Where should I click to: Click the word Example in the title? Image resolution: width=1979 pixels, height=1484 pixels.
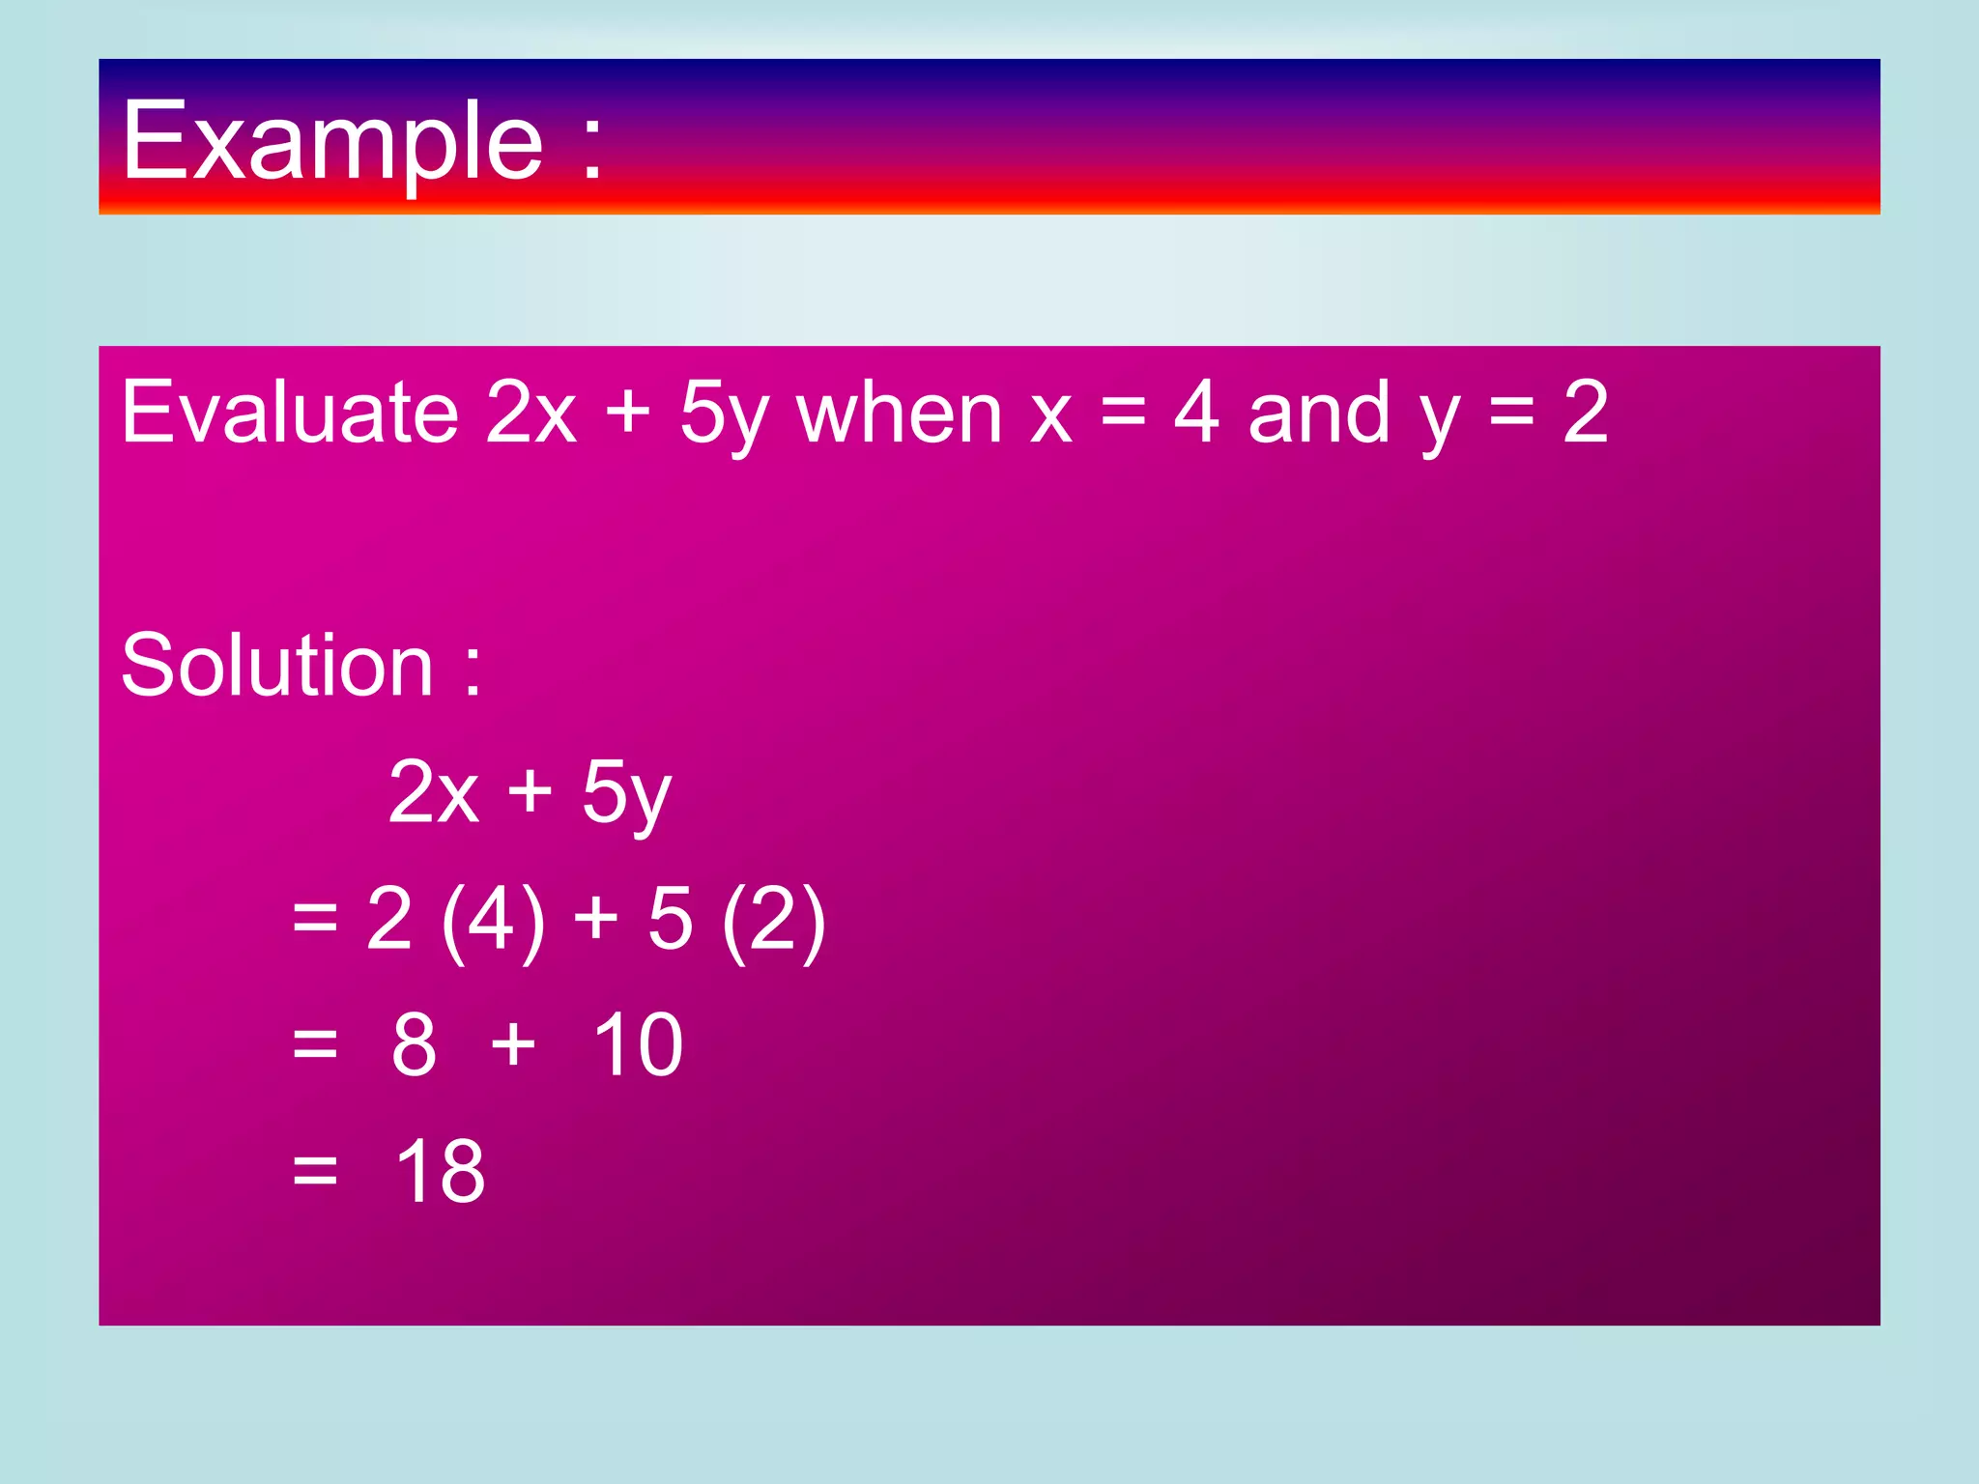pyautogui.click(x=332, y=143)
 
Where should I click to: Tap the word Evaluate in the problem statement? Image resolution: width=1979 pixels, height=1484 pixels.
pyautogui.click(x=289, y=413)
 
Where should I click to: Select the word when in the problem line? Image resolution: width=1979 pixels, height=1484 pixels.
pyautogui.click(x=899, y=413)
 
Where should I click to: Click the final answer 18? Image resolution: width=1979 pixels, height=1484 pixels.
pyautogui.click(x=440, y=1171)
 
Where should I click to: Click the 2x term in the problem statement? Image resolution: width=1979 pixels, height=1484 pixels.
pyautogui.click(x=531, y=413)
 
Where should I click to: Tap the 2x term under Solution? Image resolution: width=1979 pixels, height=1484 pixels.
pyautogui.click(x=433, y=791)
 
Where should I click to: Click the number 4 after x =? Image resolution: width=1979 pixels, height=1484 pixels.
pyautogui.click(x=1196, y=413)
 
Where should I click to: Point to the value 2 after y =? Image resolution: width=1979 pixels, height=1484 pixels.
pyautogui.click(x=1586, y=413)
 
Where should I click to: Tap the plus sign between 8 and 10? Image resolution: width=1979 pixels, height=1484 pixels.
pyautogui.click(x=513, y=1045)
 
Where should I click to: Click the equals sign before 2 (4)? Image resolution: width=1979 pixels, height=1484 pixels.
pyautogui.click(x=315, y=920)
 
